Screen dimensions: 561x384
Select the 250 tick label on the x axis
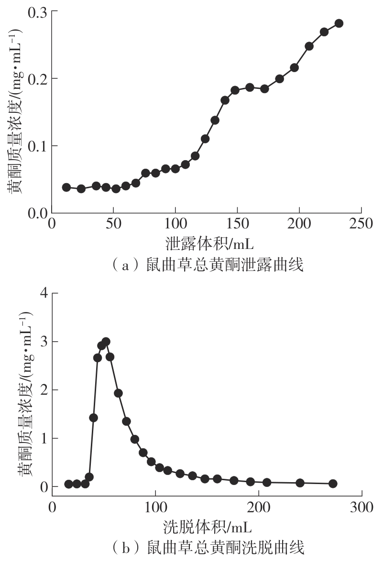(361, 225)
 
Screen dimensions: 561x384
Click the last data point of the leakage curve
(339, 23)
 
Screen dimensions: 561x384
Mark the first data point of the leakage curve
(66, 187)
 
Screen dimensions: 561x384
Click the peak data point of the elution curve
(106, 342)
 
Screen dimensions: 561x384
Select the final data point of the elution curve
(333, 484)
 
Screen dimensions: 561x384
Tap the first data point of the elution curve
(69, 484)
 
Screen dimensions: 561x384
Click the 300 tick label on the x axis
(362, 506)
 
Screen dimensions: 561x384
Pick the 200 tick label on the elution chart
(259, 506)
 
